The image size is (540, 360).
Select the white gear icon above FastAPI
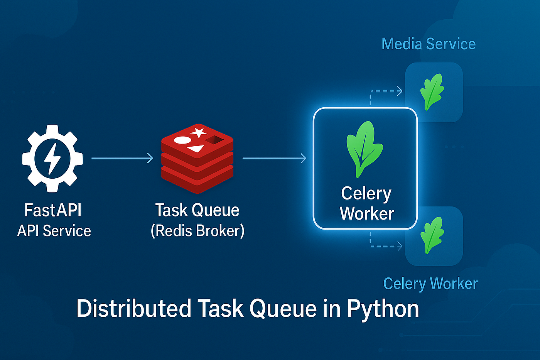pos(52,159)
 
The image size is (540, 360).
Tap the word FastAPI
pos(53,210)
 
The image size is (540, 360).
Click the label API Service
pos(54,231)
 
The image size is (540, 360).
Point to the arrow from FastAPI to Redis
pos(122,158)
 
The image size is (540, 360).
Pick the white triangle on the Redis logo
pos(196,149)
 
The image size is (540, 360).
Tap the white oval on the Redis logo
pos(182,140)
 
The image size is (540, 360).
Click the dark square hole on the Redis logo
pos(214,140)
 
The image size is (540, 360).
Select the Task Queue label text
pos(197,210)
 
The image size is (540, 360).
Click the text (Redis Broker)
pos(197,231)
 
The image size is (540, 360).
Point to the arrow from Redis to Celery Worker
pos(274,158)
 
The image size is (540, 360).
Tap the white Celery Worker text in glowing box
pos(366,203)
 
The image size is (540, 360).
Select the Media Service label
pos(429,44)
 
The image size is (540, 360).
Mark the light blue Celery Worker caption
pos(430,284)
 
